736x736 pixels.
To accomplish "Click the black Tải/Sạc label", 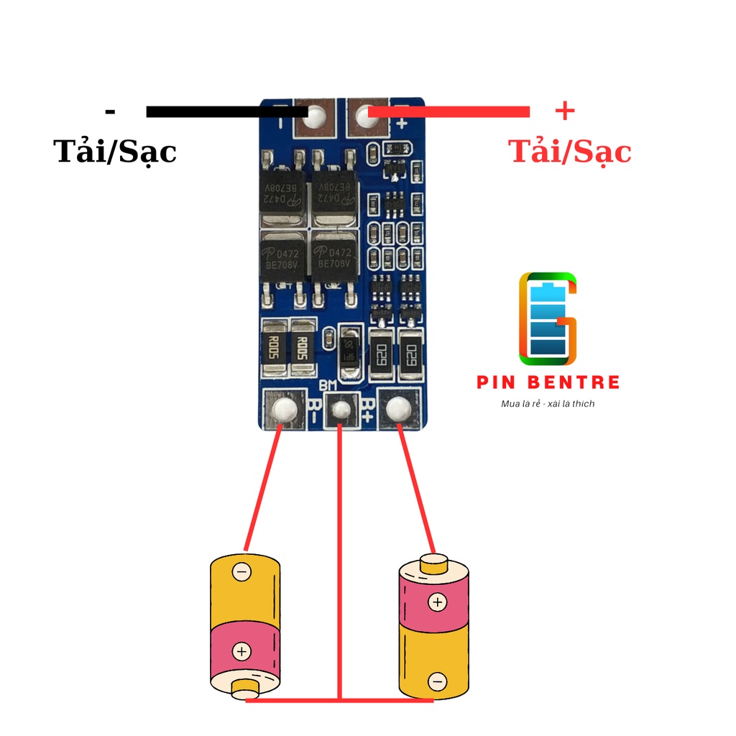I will point(115,152).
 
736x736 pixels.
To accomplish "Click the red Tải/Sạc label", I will point(569,152).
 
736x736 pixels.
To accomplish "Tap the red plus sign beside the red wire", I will point(565,111).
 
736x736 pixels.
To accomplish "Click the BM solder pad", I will point(341,410).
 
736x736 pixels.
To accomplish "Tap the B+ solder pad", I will point(397,410).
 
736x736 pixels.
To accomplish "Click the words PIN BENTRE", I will point(548,382).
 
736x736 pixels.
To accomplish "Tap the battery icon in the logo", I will point(548,318).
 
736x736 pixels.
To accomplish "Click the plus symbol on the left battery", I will point(242,652).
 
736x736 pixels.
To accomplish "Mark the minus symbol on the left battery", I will point(242,572).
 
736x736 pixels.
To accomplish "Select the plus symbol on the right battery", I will point(437,602).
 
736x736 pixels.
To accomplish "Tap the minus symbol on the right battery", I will point(437,681).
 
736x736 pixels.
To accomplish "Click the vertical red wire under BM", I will point(339,561).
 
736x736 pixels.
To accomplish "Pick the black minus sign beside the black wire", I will point(110,111).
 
